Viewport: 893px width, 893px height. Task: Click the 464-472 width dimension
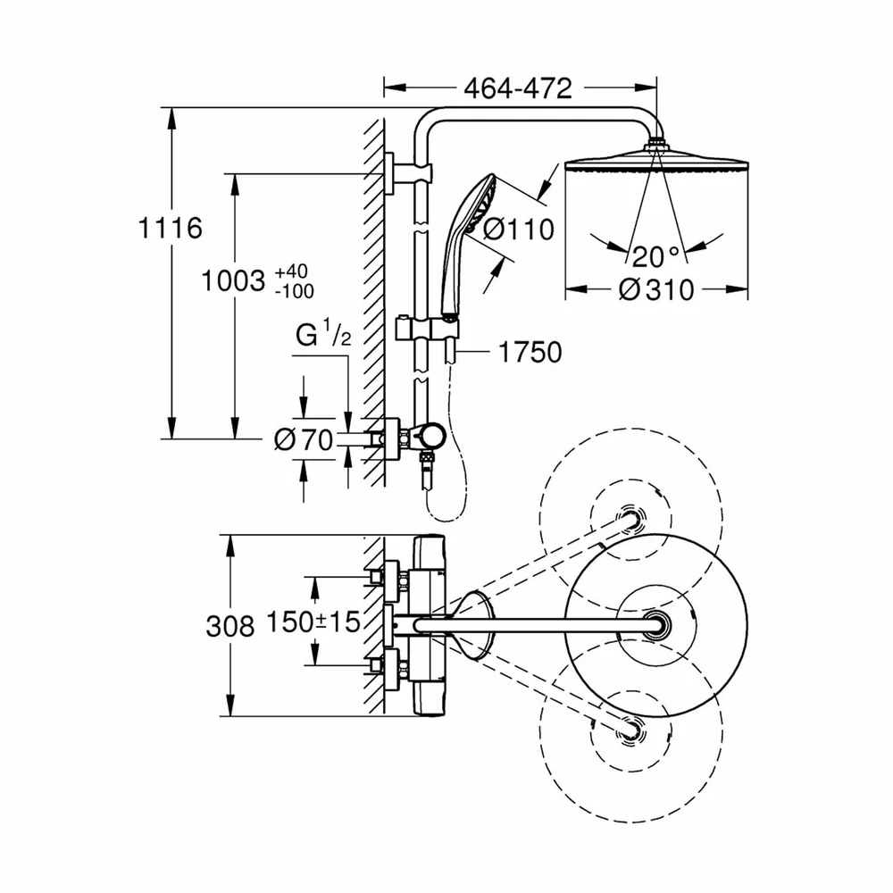pos(518,88)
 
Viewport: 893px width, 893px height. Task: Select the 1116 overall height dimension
pos(171,229)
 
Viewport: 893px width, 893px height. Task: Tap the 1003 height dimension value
pos(234,281)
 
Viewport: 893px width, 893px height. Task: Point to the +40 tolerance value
pos(292,271)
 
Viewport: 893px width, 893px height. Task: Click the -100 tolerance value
pos(295,292)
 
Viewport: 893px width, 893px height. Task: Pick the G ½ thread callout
pos(323,333)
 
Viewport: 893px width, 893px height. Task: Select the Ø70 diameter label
pos(304,439)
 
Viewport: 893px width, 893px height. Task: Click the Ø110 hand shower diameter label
pos(518,230)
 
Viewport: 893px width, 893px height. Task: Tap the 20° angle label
pos(655,257)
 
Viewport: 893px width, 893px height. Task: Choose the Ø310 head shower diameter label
pos(656,290)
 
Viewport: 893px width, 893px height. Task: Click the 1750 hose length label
pos(530,353)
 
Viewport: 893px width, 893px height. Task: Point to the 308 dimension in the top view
pos(230,627)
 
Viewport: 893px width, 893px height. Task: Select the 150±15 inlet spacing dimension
pos(313,622)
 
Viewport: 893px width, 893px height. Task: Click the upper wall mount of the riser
pos(406,172)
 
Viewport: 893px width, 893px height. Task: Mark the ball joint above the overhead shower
pos(656,141)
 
